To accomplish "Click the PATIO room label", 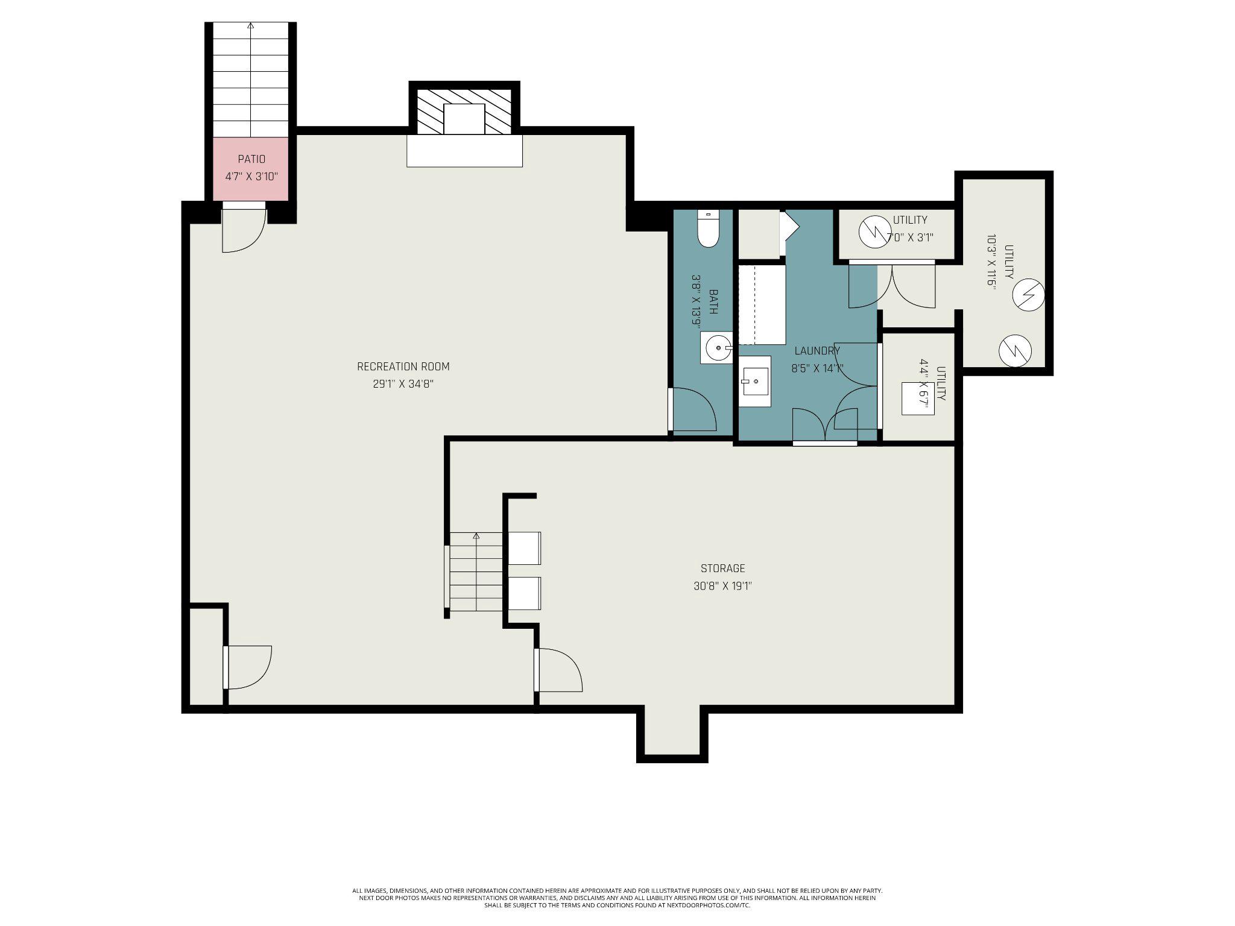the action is click(x=251, y=159).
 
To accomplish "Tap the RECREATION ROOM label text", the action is click(x=403, y=367).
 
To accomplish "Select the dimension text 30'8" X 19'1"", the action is click(x=723, y=585).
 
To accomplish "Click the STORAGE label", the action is click(x=723, y=568).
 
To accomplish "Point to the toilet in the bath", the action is click(x=709, y=228).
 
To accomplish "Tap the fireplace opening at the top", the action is click(x=464, y=119).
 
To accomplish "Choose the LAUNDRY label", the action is click(x=817, y=351).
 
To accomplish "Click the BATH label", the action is click(x=713, y=302).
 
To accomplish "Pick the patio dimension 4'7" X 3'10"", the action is click(x=251, y=177).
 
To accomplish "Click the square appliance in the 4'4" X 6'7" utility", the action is click(x=918, y=398).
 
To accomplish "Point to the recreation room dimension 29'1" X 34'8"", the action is click(x=403, y=384).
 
